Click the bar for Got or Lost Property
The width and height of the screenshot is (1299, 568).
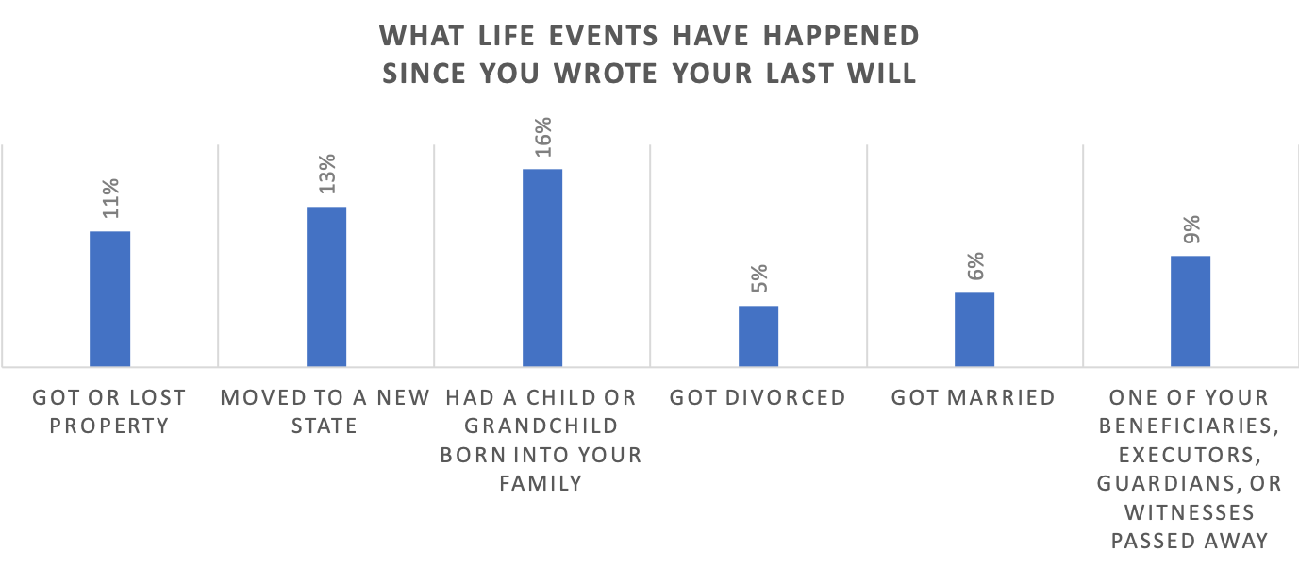coord(109,298)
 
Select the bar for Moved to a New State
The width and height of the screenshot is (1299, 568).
coord(326,286)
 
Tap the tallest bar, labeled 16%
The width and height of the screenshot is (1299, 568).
coord(542,267)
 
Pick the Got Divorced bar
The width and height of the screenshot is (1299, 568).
coord(758,335)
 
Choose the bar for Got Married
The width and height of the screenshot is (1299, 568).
coord(974,328)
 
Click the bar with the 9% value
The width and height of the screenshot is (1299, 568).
coord(1191,310)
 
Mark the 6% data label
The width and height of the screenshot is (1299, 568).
coord(975,267)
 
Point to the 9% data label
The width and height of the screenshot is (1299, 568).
coord(1191,230)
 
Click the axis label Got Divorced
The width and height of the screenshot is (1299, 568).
coord(758,397)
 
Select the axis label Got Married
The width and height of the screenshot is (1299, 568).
coord(974,397)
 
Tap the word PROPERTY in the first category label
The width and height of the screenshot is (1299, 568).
coord(109,426)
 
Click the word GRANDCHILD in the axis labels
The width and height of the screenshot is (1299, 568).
coord(541,426)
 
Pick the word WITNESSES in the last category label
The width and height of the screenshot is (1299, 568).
coord(1189,512)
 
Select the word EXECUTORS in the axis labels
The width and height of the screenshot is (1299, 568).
coord(1189,455)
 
